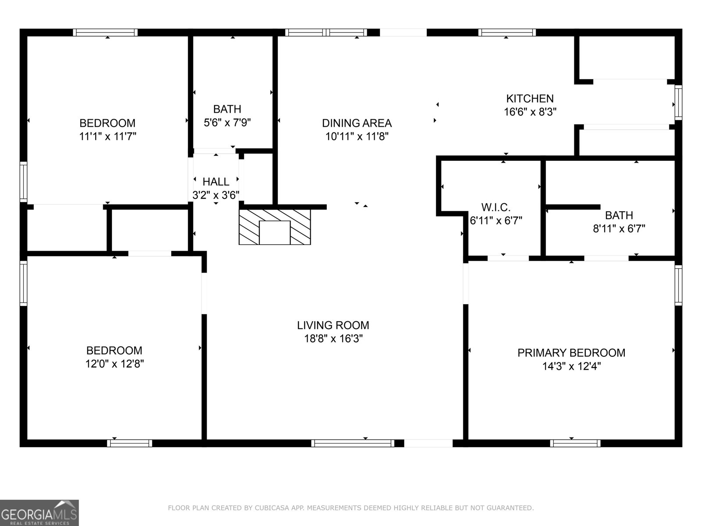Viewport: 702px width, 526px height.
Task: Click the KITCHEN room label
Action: click(x=530, y=99)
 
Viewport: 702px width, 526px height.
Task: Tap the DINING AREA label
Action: click(x=357, y=123)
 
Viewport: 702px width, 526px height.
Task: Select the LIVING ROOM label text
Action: click(x=333, y=325)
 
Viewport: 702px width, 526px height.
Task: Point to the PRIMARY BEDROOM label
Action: click(x=571, y=353)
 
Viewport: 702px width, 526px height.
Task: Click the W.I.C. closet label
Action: click(x=496, y=207)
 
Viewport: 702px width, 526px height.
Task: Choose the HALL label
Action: click(x=216, y=181)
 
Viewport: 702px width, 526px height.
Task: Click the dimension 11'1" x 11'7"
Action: click(x=107, y=136)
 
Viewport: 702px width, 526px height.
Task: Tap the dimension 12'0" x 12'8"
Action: click(x=115, y=364)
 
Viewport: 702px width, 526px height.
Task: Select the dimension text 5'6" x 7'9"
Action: click(x=227, y=122)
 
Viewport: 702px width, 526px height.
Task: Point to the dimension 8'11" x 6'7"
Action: click(x=619, y=228)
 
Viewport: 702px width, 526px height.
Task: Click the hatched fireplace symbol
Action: click(x=275, y=227)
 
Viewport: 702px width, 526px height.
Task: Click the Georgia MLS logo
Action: click(x=39, y=512)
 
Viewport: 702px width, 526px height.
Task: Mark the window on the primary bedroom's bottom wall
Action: click(x=575, y=443)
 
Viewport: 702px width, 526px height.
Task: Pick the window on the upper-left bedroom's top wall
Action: click(x=105, y=32)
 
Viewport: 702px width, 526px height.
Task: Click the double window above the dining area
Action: click(x=326, y=32)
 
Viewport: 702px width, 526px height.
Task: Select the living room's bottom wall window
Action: click(x=353, y=443)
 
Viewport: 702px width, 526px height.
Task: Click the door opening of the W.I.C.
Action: click(x=508, y=258)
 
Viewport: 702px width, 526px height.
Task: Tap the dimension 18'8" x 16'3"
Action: click(x=333, y=338)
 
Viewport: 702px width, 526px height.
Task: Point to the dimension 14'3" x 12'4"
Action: click(x=571, y=366)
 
